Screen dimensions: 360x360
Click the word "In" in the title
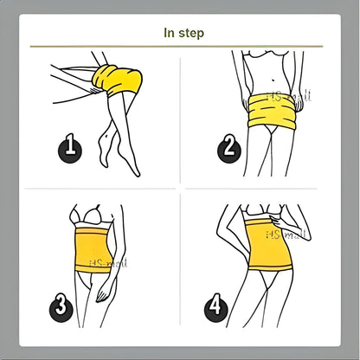click(170, 33)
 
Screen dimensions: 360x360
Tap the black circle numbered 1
click(72, 149)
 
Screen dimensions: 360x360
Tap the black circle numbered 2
click(230, 148)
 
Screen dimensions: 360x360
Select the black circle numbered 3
click(61, 305)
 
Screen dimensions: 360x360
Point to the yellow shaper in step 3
click(96, 252)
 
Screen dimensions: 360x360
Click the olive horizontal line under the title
click(180, 46)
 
